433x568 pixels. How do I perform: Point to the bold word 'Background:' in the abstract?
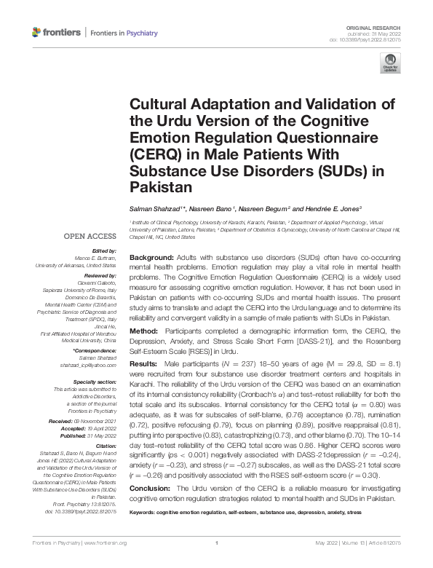(151, 259)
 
